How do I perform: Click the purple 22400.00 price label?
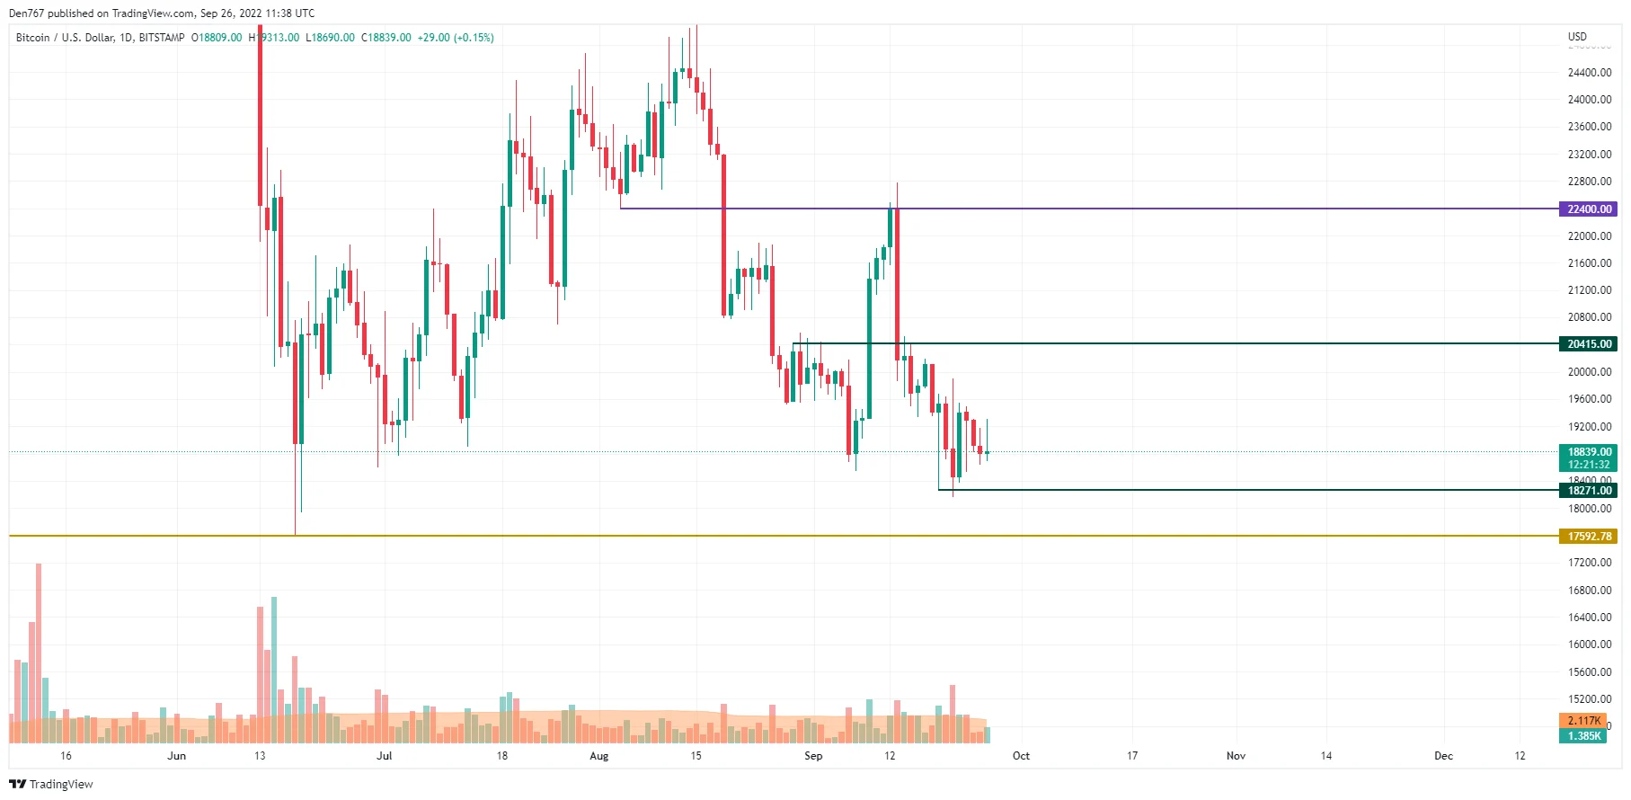1589,209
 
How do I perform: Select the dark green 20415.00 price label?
1589,343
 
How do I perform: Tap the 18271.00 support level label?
1589,490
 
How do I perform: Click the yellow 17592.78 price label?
1589,536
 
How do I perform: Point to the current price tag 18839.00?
1589,452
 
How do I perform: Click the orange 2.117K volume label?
1583,720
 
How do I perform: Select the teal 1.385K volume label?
1583,735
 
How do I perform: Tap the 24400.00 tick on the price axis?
1589,72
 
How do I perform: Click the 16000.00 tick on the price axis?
1589,644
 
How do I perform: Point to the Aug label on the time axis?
598,756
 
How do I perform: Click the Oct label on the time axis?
1021,756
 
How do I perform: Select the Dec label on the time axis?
1443,756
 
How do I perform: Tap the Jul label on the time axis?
384,756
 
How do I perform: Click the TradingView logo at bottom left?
51,784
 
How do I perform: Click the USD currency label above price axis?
1577,37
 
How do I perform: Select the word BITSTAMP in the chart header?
162,38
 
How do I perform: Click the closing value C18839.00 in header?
386,38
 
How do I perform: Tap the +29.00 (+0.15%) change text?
456,38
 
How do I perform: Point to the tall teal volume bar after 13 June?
274,669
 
